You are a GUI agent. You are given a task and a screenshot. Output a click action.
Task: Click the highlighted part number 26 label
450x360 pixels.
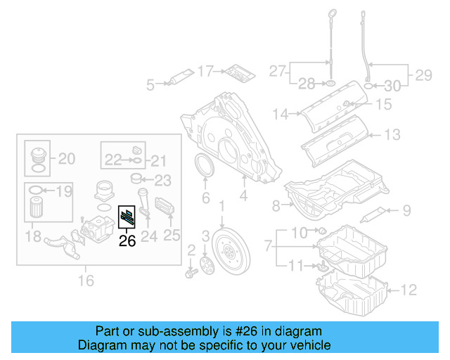pos(127,240)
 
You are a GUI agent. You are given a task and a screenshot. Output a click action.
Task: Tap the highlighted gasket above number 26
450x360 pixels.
pos(128,218)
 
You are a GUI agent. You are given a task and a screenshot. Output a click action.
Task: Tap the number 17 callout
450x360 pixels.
pos(205,71)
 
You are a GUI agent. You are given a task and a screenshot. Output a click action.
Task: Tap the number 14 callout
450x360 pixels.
pos(281,113)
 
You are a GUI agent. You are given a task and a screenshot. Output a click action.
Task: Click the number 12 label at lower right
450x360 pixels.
pos(409,288)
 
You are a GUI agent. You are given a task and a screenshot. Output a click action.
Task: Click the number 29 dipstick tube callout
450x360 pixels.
pos(421,73)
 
